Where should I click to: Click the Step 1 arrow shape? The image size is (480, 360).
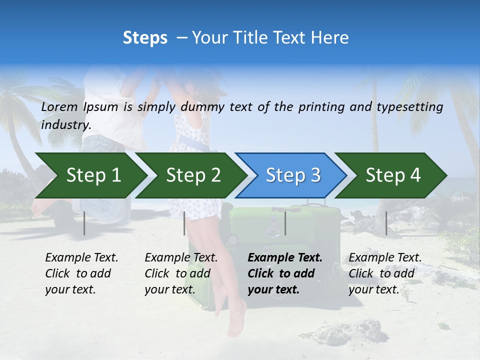pyautogui.click(x=90, y=175)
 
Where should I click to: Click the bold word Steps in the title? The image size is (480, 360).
pyautogui.click(x=145, y=38)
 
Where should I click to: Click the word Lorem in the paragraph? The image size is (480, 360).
pyautogui.click(x=59, y=106)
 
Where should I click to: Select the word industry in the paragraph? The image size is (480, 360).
pyautogui.click(x=66, y=125)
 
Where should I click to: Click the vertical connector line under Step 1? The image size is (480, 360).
pyautogui.click(x=84, y=223)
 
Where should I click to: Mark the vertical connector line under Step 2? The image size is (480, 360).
pyautogui.click(x=184, y=223)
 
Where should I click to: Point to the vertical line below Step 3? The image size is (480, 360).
pyautogui.click(x=285, y=223)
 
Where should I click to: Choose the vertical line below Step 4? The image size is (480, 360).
pyautogui.click(x=386, y=223)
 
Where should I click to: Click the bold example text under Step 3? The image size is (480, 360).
pyautogui.click(x=285, y=273)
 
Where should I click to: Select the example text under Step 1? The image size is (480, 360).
pyautogui.click(x=81, y=273)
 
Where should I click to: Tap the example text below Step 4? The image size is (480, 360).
pyautogui.click(x=385, y=273)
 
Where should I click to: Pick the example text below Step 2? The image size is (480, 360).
pyautogui.click(x=181, y=273)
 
